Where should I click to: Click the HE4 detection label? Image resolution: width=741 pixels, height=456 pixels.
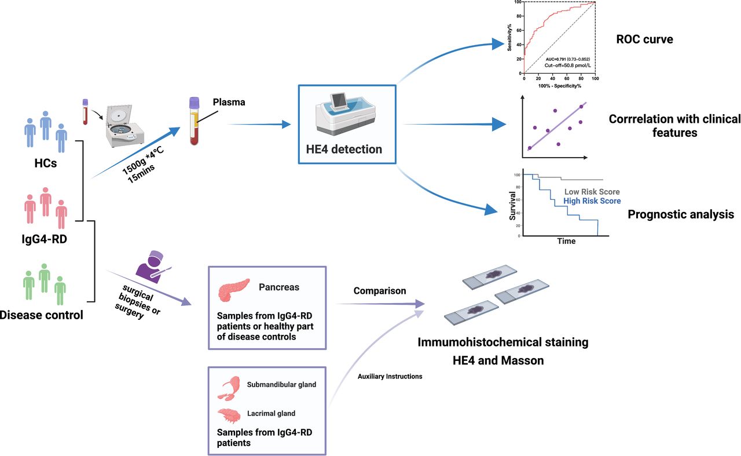pyautogui.click(x=344, y=149)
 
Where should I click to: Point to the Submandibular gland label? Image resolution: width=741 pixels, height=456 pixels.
pyautogui.click(x=281, y=385)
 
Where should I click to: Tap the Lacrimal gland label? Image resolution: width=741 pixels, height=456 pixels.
pyautogui.click(x=271, y=413)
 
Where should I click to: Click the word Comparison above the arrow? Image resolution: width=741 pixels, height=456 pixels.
pyautogui.click(x=380, y=291)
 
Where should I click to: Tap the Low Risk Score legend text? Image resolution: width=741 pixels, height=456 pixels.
pyautogui.click(x=592, y=192)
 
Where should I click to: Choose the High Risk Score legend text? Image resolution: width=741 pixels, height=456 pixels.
pyautogui.click(x=592, y=201)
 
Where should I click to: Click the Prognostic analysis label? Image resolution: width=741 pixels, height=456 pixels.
pyautogui.click(x=680, y=215)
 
